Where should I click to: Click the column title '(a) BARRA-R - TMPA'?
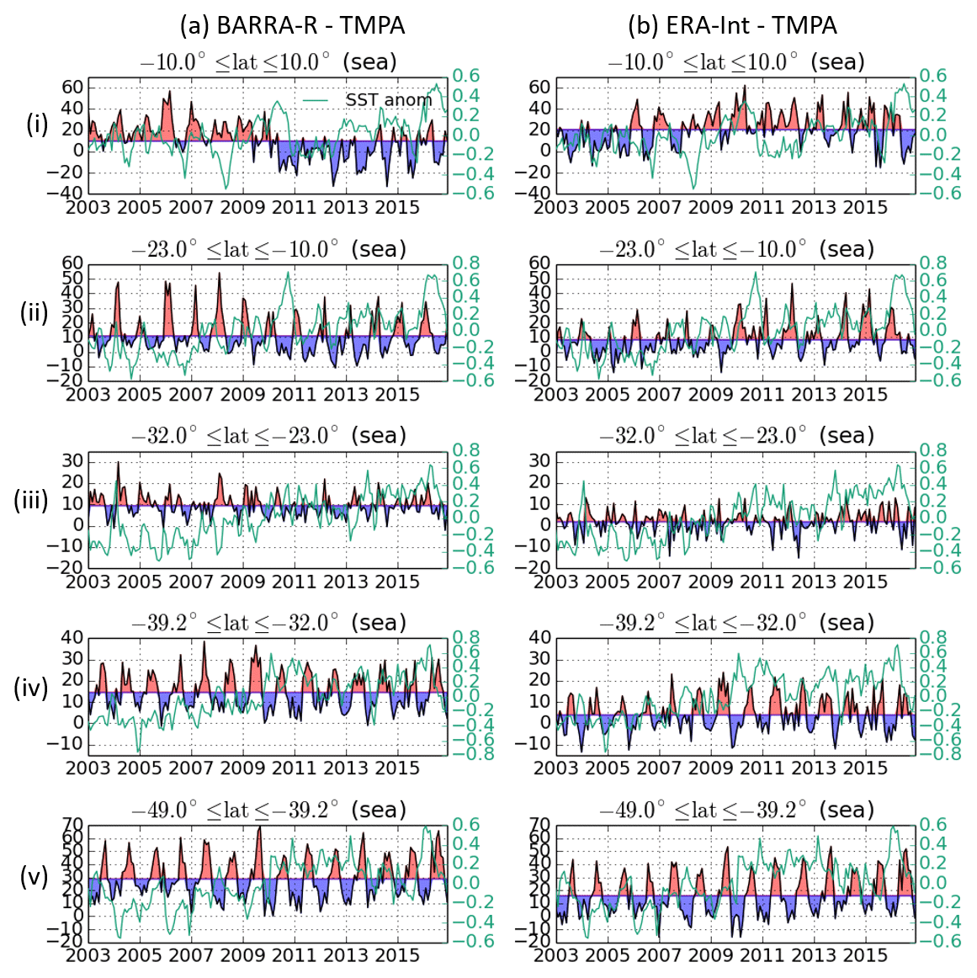(292, 25)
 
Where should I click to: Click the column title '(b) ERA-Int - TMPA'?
(732, 25)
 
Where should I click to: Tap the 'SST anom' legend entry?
(388, 99)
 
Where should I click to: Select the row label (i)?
(37, 125)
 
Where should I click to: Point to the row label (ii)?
(34, 312)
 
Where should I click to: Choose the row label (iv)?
(32, 688)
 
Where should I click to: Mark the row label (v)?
(34, 876)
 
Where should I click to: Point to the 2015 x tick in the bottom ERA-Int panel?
(865, 955)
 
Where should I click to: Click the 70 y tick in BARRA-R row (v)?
(72, 825)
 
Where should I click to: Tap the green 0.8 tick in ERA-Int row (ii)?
(933, 263)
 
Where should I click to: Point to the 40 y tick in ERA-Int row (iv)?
(540, 637)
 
